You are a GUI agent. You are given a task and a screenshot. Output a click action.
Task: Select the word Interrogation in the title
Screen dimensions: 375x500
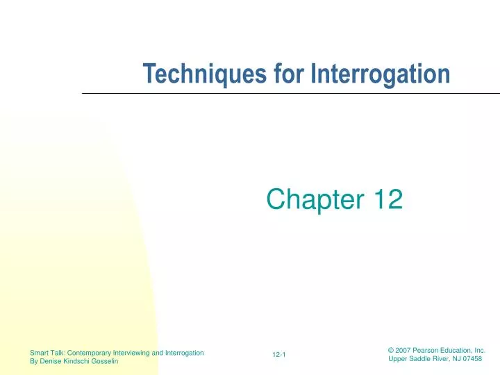381,74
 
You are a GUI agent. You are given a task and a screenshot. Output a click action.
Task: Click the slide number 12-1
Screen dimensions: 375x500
280,356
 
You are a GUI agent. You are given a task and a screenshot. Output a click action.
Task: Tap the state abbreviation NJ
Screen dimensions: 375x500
453,360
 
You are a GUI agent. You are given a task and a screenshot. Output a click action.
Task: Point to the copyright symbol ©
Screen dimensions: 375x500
390,351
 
